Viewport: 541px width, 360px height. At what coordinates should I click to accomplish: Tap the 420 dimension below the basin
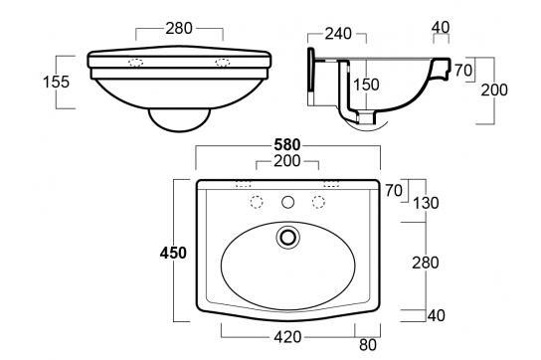pos(288,336)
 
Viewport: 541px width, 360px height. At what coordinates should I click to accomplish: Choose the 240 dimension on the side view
pos(340,34)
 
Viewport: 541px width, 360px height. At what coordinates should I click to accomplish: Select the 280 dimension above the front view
pos(180,30)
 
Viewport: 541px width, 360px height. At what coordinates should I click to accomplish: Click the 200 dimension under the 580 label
pos(288,162)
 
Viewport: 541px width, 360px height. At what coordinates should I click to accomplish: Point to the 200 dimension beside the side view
pos(494,90)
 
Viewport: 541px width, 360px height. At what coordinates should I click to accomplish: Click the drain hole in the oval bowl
pos(288,237)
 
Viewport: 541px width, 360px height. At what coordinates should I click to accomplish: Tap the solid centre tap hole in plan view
pos(288,202)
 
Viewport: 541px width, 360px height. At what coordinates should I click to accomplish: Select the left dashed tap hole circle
pos(257,202)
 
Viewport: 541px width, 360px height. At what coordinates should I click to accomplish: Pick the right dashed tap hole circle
pos(320,202)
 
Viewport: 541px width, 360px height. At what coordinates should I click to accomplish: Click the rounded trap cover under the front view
pos(180,116)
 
